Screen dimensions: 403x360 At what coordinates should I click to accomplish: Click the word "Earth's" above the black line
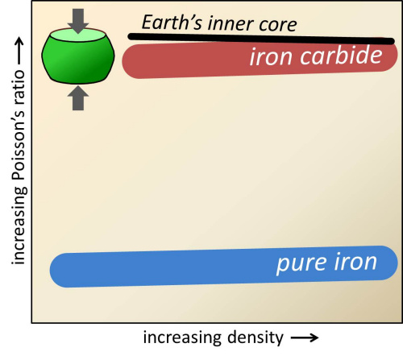(172, 22)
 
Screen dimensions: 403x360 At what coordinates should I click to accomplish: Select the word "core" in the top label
(277, 25)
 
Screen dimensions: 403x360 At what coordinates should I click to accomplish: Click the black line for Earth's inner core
(261, 39)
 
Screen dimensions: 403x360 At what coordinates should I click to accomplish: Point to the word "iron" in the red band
(271, 57)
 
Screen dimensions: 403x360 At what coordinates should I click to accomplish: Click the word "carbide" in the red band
(341, 55)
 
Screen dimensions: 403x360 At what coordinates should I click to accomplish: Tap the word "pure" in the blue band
(302, 263)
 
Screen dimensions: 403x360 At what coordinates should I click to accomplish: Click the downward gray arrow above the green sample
(78, 21)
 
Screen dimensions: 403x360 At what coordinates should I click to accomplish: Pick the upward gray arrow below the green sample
(78, 98)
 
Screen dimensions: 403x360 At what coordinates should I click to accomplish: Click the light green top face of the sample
(78, 35)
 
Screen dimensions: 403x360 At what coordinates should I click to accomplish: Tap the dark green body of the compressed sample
(78, 62)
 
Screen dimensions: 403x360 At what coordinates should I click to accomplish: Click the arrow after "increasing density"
(305, 337)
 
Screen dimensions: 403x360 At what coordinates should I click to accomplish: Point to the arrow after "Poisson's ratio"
(19, 52)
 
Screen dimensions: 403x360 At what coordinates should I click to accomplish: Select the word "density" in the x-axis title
(256, 337)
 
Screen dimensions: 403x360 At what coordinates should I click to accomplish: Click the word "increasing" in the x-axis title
(183, 337)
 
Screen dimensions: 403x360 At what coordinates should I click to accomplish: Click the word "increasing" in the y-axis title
(19, 226)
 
